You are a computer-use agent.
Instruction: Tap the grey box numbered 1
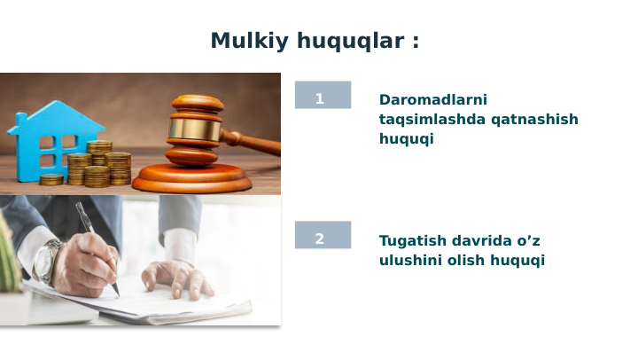coord(323,96)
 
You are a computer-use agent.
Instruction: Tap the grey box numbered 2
coord(323,235)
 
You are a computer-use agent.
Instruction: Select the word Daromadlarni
coord(433,100)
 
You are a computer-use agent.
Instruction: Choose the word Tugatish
coord(414,240)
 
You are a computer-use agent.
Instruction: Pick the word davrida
coord(485,240)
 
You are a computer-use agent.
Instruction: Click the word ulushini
coord(410,260)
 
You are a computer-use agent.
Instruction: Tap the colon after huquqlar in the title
coord(416,42)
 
